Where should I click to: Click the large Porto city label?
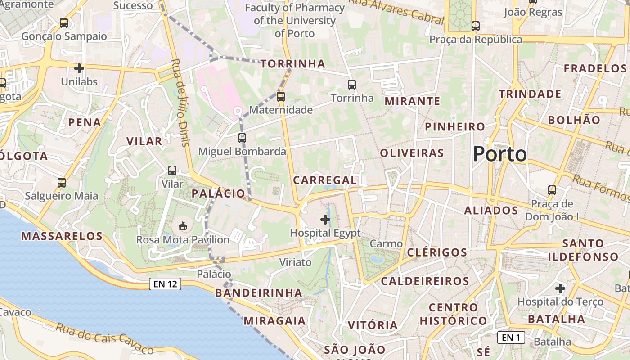tap(499, 154)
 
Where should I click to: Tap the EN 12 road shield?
tap(165, 284)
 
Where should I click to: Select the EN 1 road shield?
tap(511, 337)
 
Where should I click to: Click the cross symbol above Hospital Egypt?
tap(325, 220)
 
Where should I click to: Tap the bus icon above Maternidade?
tap(281, 96)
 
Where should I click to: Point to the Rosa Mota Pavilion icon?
tap(183, 226)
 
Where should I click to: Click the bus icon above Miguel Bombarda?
tap(242, 138)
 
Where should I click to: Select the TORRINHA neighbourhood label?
tap(293, 64)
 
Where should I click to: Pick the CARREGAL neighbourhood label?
tap(325, 180)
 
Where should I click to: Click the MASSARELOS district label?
tap(62, 236)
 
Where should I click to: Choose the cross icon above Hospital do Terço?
tap(560, 288)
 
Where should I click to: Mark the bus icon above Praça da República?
tap(476, 26)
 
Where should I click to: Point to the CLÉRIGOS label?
tap(437, 252)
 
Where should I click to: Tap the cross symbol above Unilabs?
tap(79, 68)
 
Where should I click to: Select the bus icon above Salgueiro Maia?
tap(62, 183)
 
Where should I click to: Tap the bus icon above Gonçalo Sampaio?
tap(64, 22)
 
